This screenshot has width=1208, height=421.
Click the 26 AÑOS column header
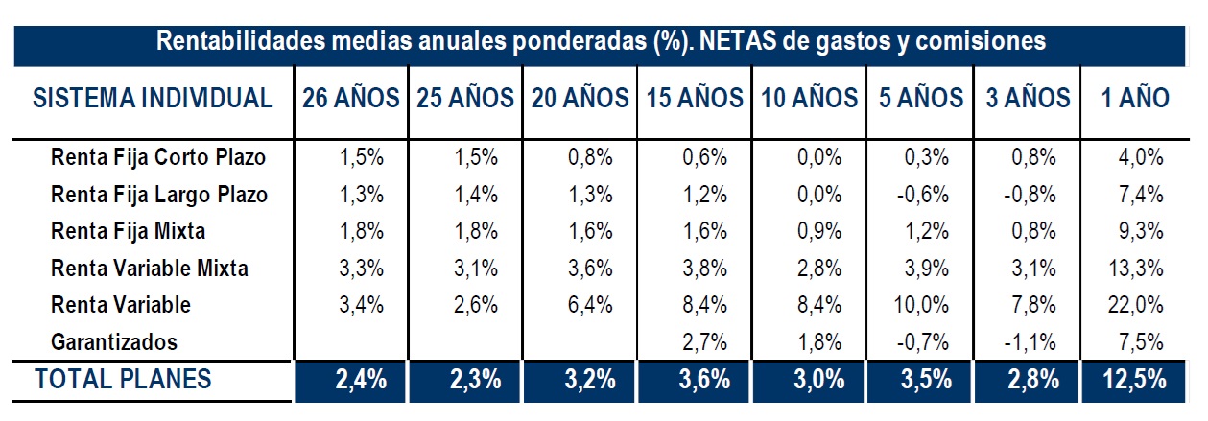351,98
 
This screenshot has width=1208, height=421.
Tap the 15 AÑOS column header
695,98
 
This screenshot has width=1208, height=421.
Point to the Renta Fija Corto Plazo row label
158,157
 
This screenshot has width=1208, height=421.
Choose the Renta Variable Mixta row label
150,269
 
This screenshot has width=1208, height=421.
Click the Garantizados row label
115,341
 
